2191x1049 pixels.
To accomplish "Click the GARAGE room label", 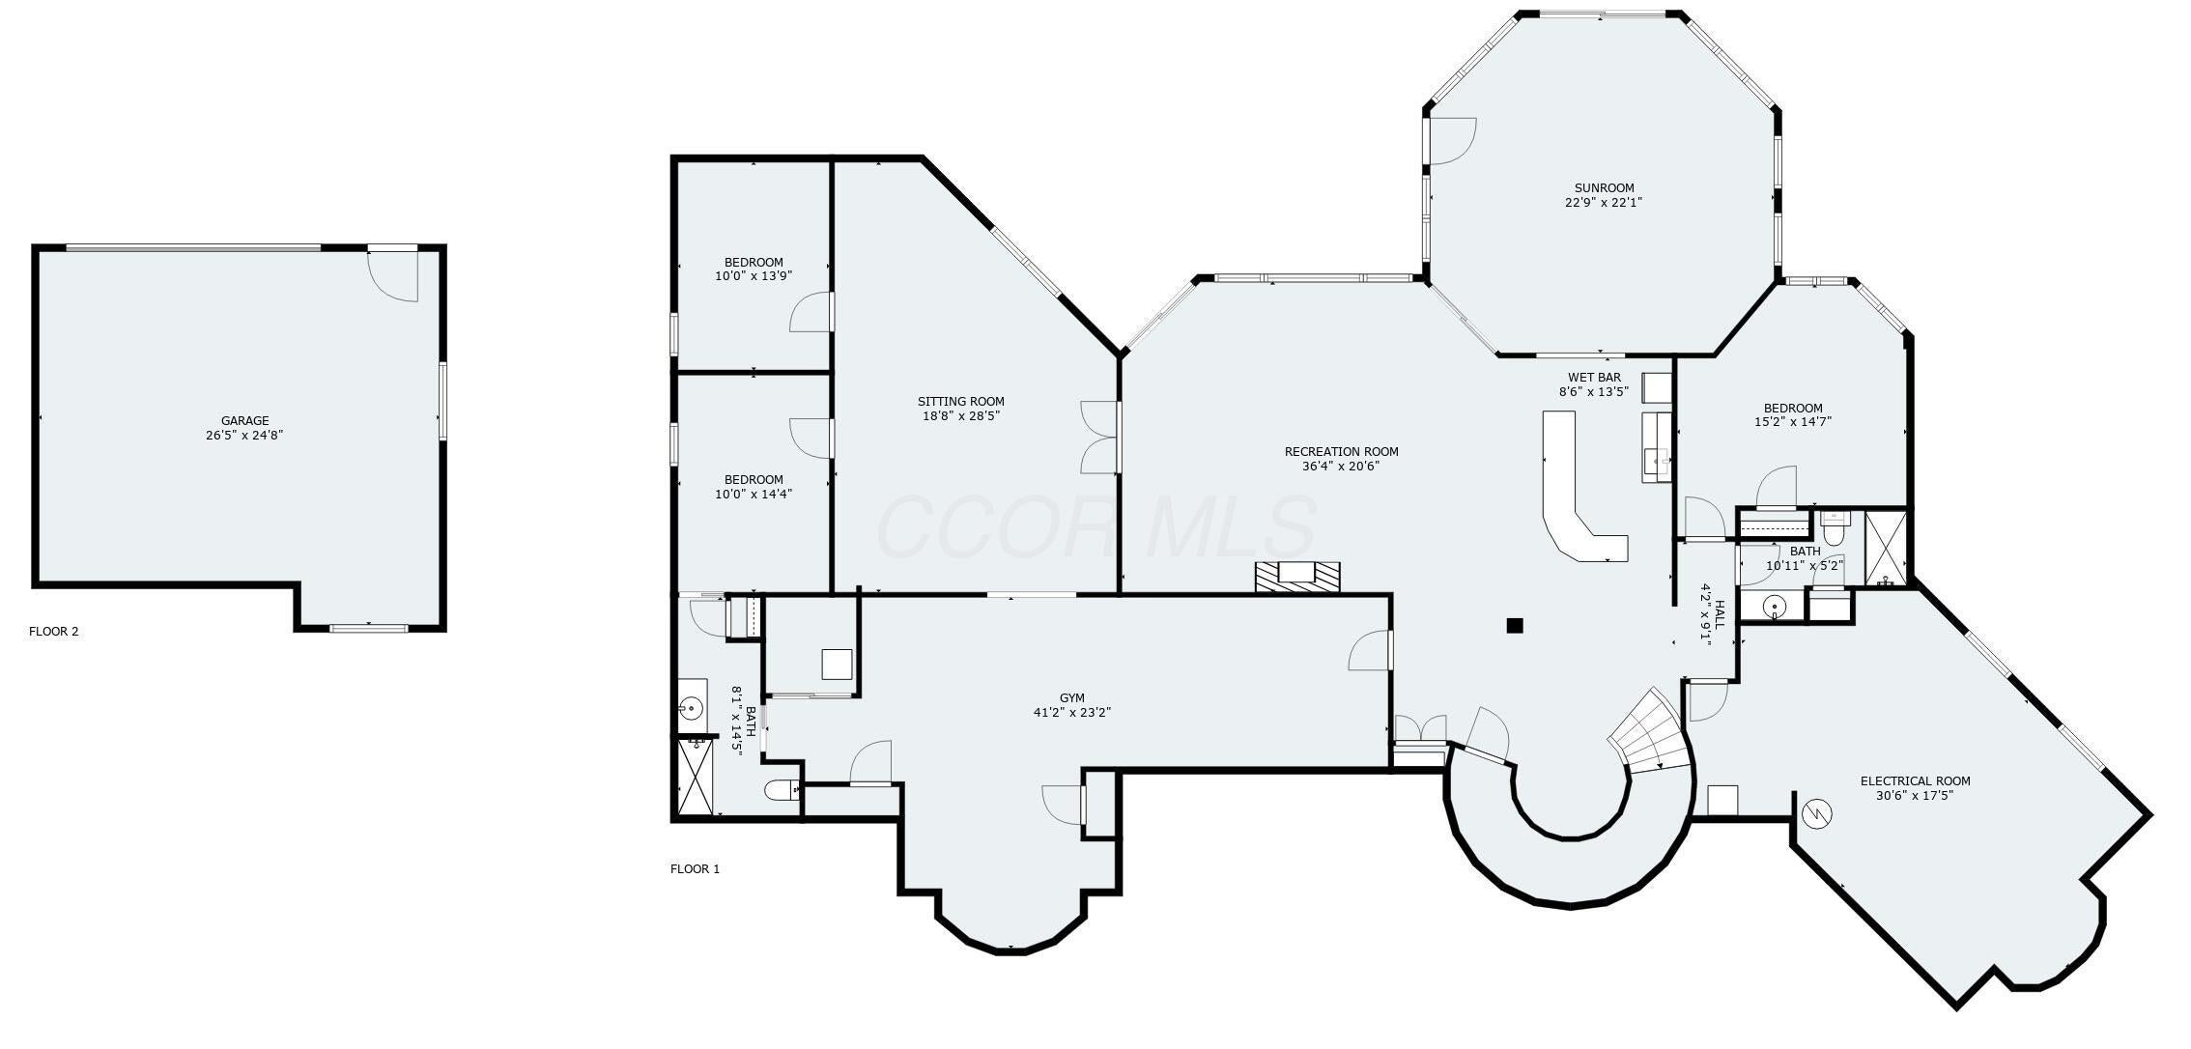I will pyautogui.click(x=244, y=421).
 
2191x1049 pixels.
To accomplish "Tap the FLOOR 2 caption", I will pyautogui.click(x=54, y=632).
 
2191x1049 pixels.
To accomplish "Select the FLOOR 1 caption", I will pyautogui.click(x=695, y=869).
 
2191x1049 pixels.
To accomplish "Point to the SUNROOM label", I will pyautogui.click(x=1604, y=188).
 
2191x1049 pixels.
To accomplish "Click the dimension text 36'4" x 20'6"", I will pyautogui.click(x=1340, y=466).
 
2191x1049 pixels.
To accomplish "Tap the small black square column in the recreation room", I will pyautogui.click(x=1514, y=626).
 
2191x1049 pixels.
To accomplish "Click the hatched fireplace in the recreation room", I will pyautogui.click(x=1297, y=576).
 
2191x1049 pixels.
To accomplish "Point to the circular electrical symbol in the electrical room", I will pyautogui.click(x=1817, y=814).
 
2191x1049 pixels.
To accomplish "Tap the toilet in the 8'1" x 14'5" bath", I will pyautogui.click(x=782, y=791).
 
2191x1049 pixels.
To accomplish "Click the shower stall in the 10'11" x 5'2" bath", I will pyautogui.click(x=1885, y=548).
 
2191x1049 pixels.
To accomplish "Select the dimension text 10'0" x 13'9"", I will pyautogui.click(x=754, y=276).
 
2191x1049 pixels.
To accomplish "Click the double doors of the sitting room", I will pyautogui.click(x=1099, y=438).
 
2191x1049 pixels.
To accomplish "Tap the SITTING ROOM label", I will pyautogui.click(x=960, y=402).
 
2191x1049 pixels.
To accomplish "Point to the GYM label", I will pyautogui.click(x=1071, y=698).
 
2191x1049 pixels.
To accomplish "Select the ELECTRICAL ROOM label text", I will pyautogui.click(x=1915, y=781).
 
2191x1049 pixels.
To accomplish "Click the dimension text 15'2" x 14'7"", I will pyautogui.click(x=1792, y=422).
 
